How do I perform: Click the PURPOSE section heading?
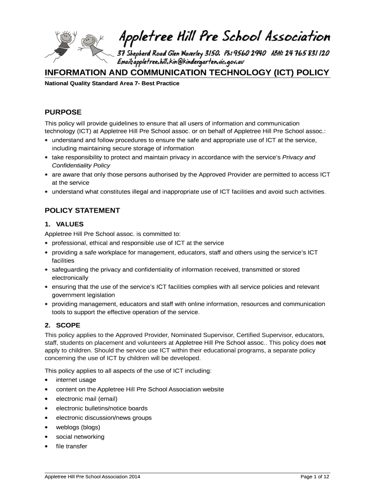coord(63,112)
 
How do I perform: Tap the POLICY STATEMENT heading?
coord(82,211)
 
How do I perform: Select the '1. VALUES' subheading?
coord(64,224)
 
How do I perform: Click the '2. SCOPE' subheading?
coord(62,325)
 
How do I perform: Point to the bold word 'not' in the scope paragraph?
coord(321,342)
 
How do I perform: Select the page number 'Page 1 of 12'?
coord(315,477)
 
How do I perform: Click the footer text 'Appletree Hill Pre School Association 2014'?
coord(93,477)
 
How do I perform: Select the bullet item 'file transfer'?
coord(72,446)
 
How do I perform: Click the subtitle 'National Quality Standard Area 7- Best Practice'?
coord(112,84)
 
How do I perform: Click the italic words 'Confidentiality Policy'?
coord(81,166)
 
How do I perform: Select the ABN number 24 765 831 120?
coord(305,53)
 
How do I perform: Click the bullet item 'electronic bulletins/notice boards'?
coord(102,409)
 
